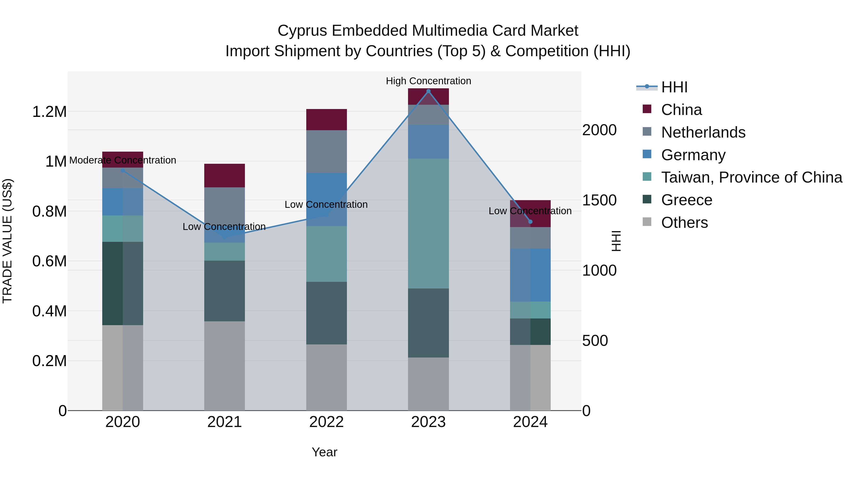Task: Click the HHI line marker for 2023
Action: [428, 91]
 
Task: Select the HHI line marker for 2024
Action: [530, 222]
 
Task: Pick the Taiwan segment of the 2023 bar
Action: [428, 223]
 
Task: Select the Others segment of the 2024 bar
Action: [530, 377]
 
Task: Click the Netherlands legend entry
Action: [703, 132]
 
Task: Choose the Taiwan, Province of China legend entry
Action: [751, 177]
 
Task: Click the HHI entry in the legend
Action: [674, 87]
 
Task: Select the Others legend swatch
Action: [647, 222]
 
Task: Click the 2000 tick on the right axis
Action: [599, 130]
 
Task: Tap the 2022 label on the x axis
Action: [326, 422]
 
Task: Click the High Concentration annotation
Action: [428, 81]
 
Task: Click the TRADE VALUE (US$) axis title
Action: [7, 241]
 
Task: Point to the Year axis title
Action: [324, 452]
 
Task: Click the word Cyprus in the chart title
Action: [302, 31]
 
